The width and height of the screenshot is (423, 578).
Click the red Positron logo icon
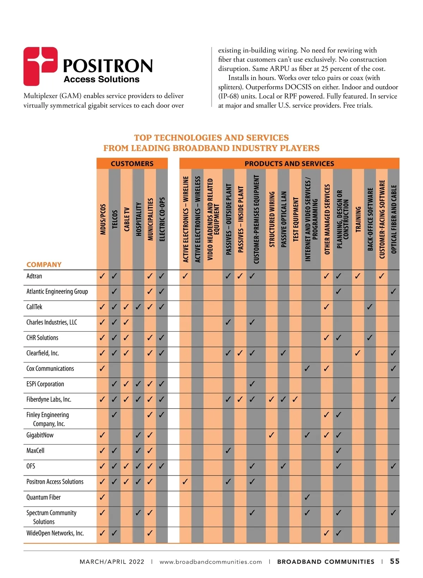point(40,66)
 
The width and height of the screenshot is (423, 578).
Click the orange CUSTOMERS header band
point(132,163)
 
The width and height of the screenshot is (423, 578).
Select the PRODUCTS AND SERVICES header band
point(289,163)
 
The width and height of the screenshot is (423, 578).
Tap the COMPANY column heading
point(44,264)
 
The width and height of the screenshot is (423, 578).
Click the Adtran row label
point(34,276)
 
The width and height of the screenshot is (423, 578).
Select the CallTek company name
point(35,307)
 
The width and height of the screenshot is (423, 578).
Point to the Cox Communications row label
point(50,368)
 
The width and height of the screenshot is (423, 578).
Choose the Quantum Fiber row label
point(43,497)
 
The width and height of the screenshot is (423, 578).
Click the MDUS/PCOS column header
point(103,219)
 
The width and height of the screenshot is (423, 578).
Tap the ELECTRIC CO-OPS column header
point(162,219)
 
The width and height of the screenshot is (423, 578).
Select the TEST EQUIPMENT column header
point(296,219)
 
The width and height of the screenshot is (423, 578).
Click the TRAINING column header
point(358,219)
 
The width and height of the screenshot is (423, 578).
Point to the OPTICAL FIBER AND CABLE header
point(394,219)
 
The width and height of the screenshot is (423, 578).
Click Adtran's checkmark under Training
point(358,276)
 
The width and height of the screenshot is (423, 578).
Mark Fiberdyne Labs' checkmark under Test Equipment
point(295,399)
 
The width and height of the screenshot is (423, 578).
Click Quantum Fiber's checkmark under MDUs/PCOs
point(102,497)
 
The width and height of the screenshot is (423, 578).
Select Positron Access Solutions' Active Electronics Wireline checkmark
point(185,481)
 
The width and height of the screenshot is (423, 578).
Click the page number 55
point(395,561)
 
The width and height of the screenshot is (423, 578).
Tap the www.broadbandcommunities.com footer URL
point(211,562)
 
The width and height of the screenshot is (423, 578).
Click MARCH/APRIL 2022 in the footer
point(112,562)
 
